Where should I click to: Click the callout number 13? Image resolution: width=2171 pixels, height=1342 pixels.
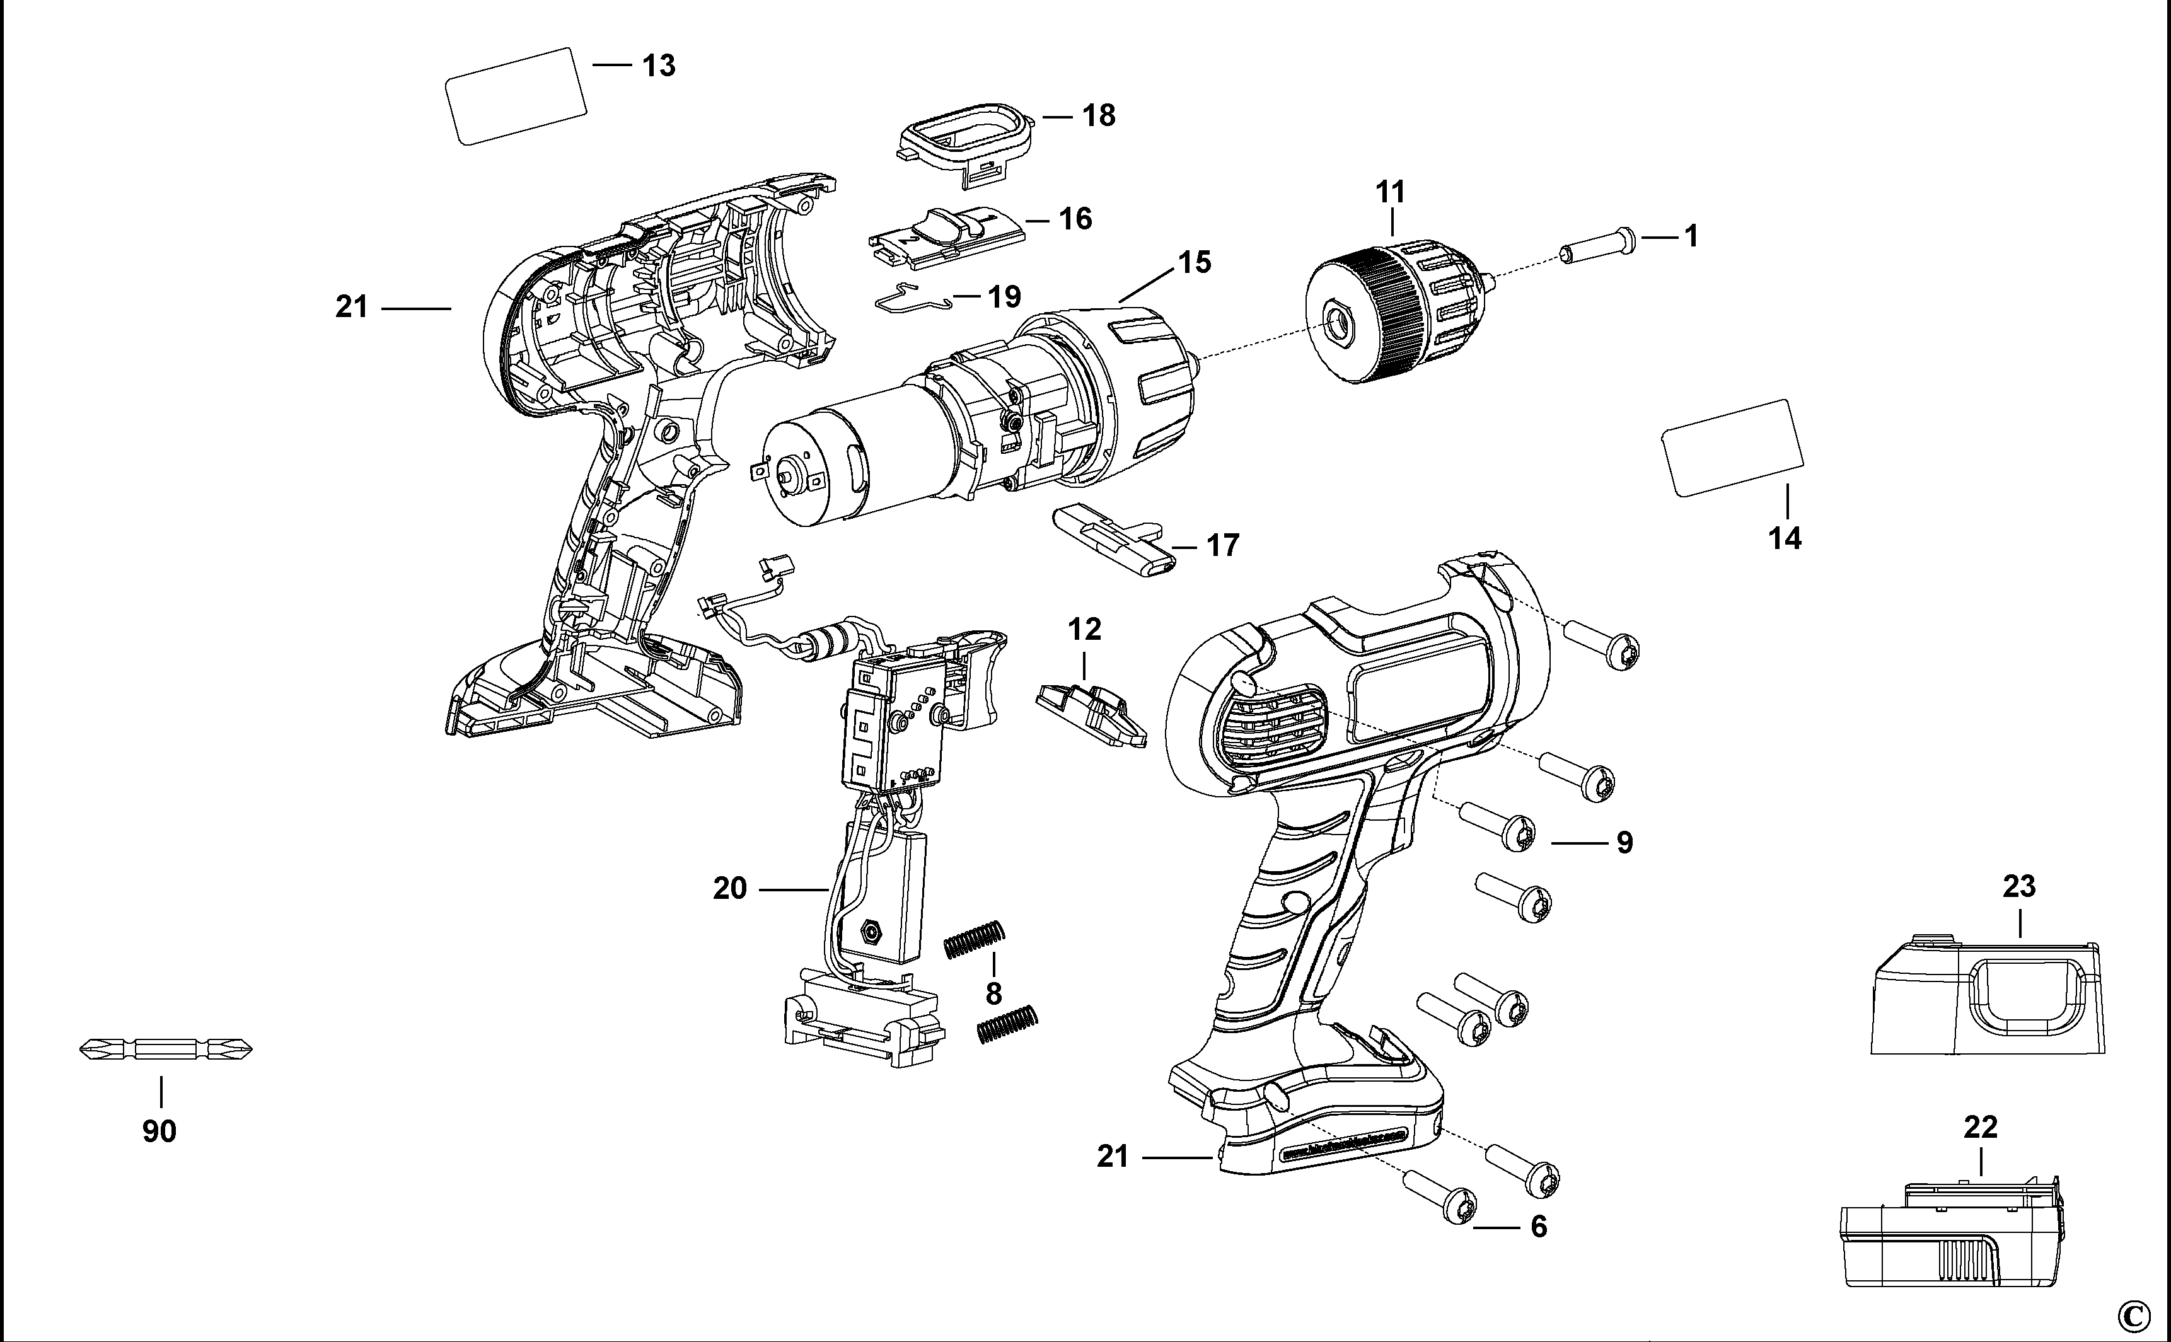(x=659, y=66)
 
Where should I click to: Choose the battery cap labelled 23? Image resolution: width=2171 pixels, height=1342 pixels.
(x=1988, y=996)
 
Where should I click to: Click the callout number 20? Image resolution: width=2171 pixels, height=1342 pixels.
(x=729, y=888)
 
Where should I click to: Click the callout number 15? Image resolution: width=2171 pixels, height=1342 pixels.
(x=1195, y=263)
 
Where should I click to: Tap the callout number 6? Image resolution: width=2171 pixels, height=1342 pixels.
(x=1538, y=1227)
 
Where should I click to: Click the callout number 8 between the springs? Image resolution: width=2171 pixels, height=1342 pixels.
(x=993, y=992)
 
